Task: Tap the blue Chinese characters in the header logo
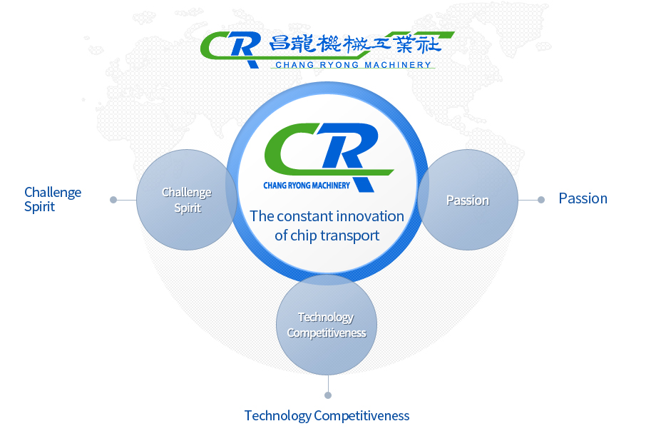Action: pyautogui.click(x=355, y=44)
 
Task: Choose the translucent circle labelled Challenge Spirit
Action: pyautogui.click(x=187, y=200)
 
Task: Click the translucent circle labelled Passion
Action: pyautogui.click(x=468, y=200)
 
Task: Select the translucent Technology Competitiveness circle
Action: pyautogui.click(x=327, y=325)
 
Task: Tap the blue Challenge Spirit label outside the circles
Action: pyautogui.click(x=53, y=199)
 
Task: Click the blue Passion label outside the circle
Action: pyautogui.click(x=583, y=198)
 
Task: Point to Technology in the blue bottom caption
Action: pyautogui.click(x=278, y=416)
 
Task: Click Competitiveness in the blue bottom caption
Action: pyautogui.click(x=362, y=416)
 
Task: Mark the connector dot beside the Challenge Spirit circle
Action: pyautogui.click(x=113, y=200)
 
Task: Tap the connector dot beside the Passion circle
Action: pyautogui.click(x=541, y=200)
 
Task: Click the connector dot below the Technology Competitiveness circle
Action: pyautogui.click(x=328, y=395)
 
